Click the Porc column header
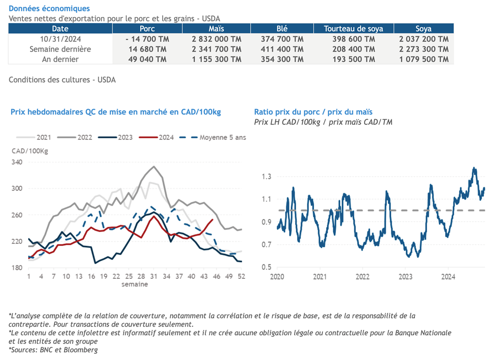147,29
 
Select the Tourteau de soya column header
353,29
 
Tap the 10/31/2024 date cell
60,39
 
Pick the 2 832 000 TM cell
216,39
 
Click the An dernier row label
60,59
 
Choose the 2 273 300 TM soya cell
424,49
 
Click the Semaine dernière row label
60,49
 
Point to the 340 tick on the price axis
17,162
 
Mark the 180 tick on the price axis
17,268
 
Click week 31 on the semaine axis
153,276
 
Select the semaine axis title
134,284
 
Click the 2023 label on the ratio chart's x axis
405,277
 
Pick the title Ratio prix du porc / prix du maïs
314,112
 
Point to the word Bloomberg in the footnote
82,350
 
